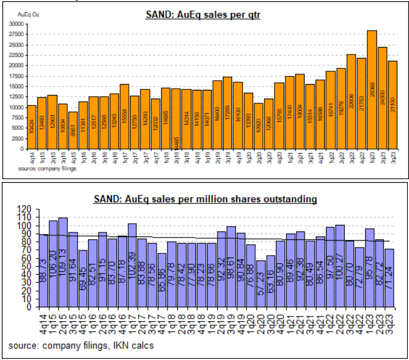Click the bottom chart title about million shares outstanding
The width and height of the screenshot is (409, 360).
(x=205, y=199)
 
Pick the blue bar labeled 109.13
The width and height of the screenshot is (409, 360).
(x=63, y=262)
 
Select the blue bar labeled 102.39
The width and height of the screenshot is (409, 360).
(x=131, y=265)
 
